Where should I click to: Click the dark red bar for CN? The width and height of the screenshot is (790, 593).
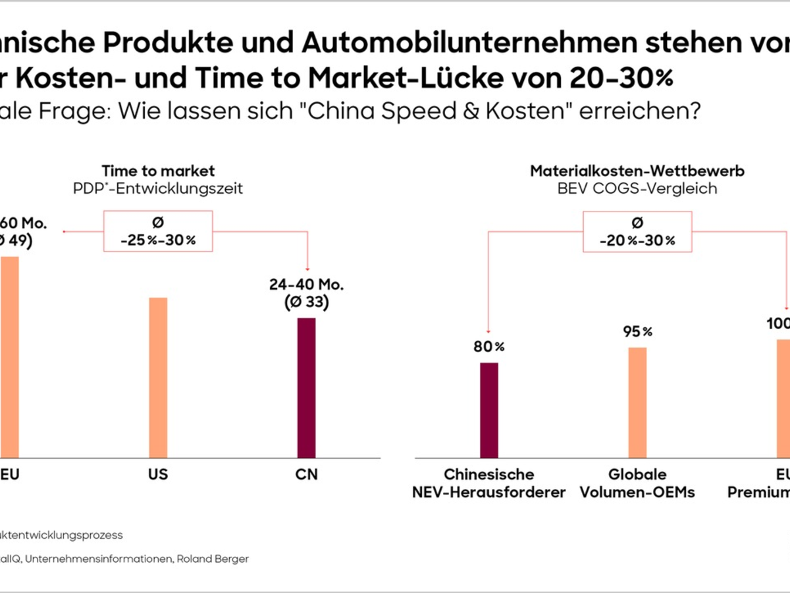(x=307, y=388)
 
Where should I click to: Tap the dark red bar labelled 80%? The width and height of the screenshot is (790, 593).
(x=489, y=410)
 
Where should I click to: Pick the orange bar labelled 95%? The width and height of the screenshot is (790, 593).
(x=637, y=402)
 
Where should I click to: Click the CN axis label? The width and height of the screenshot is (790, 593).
(x=307, y=474)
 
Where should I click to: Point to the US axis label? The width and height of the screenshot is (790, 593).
(x=158, y=474)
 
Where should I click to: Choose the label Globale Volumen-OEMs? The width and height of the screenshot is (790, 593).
(x=637, y=483)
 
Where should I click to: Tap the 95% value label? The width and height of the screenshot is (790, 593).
(x=637, y=331)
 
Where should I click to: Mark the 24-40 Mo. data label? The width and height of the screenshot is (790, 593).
(x=307, y=285)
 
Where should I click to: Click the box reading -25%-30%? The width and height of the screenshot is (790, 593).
(x=158, y=231)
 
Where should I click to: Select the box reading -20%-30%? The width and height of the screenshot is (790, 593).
(x=637, y=231)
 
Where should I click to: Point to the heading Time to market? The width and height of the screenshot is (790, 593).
(x=158, y=171)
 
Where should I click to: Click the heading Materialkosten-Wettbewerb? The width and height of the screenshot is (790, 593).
(x=637, y=171)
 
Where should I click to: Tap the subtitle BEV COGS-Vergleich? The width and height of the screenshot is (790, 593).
(x=637, y=188)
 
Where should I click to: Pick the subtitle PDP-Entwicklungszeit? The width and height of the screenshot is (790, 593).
(x=158, y=188)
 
